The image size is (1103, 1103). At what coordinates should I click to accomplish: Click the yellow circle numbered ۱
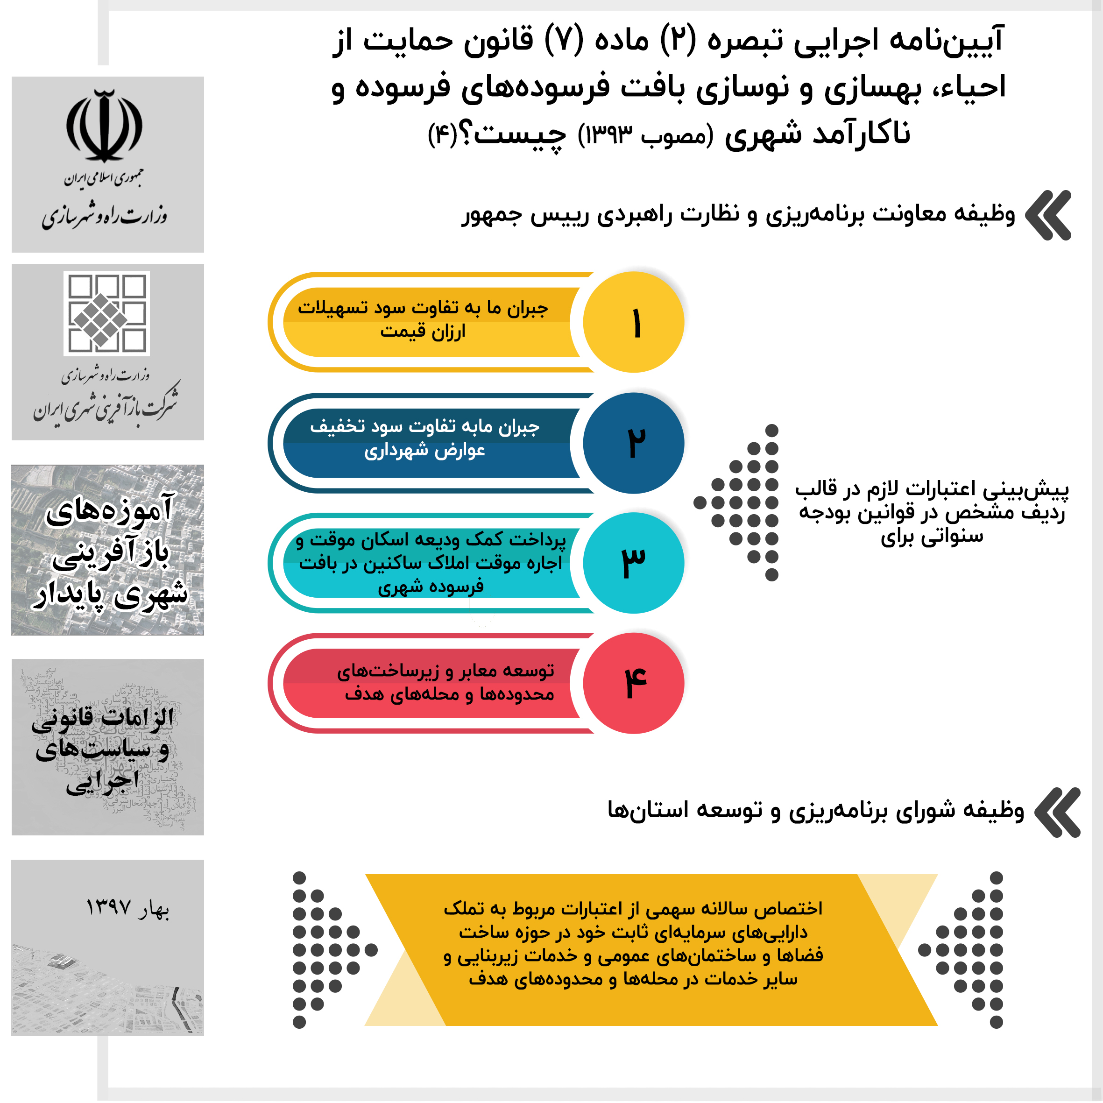point(634,323)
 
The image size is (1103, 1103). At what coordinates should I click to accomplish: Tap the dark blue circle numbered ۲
point(634,443)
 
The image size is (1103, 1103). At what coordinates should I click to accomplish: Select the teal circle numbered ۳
point(634,563)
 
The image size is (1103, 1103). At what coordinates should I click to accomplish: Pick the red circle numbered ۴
point(634,683)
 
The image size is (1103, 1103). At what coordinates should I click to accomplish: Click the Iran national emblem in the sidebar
point(105,126)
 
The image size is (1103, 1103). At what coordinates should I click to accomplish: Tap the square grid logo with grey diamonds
point(106,313)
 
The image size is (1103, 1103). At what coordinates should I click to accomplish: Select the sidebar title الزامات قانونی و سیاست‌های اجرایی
point(103,749)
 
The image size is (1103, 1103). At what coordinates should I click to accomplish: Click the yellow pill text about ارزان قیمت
point(423,320)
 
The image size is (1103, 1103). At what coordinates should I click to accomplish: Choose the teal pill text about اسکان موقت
point(431,563)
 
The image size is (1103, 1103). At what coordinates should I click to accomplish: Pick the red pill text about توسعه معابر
point(446,683)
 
